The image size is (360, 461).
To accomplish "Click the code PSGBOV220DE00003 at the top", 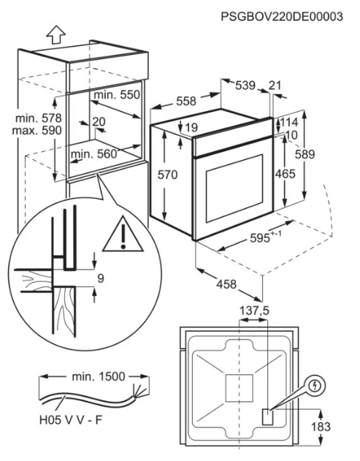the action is click(282, 17).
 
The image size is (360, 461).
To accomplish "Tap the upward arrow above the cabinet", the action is click(55, 34).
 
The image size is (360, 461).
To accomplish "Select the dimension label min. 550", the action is click(117, 95).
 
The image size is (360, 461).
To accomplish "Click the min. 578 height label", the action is click(39, 118).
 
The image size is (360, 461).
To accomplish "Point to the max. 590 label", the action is click(37, 130).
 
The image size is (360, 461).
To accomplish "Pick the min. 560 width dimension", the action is click(94, 153).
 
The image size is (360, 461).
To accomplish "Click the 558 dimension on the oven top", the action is click(186, 101).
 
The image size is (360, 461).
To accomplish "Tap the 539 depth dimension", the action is click(245, 85).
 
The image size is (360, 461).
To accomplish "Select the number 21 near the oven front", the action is click(275, 85).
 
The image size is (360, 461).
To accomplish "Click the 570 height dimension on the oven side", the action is click(167, 175).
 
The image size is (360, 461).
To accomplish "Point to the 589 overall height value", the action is click(305, 154).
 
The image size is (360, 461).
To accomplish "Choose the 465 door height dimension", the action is click(285, 174).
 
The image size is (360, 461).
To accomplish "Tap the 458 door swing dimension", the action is click(226, 284).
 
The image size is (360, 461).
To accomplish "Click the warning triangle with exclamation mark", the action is click(123, 235).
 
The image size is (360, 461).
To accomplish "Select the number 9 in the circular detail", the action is click(101, 278).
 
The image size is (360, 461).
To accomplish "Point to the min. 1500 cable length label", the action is click(98, 376).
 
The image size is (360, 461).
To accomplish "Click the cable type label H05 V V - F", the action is click(71, 420).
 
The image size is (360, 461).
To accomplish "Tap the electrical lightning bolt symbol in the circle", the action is click(316, 386).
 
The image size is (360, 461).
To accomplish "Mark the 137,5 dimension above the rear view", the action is click(254, 310).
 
